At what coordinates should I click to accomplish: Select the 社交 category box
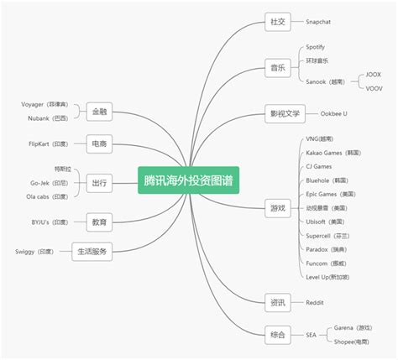pyautogui.click(x=275, y=21)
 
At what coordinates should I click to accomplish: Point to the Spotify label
pyautogui.click(x=315, y=47)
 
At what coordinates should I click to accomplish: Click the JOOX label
pyautogui.click(x=374, y=74)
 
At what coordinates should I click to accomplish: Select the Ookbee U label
pyautogui.click(x=333, y=113)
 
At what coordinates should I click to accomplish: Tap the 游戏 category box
pyautogui.click(x=275, y=207)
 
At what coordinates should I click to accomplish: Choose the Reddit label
pyautogui.click(x=315, y=302)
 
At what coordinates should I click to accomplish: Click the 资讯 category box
pyautogui.click(x=275, y=302)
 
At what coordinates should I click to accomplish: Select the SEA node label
pyautogui.click(x=311, y=335)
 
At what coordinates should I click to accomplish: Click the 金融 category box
pyautogui.click(x=99, y=111)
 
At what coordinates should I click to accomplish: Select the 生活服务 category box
pyautogui.click(x=92, y=251)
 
